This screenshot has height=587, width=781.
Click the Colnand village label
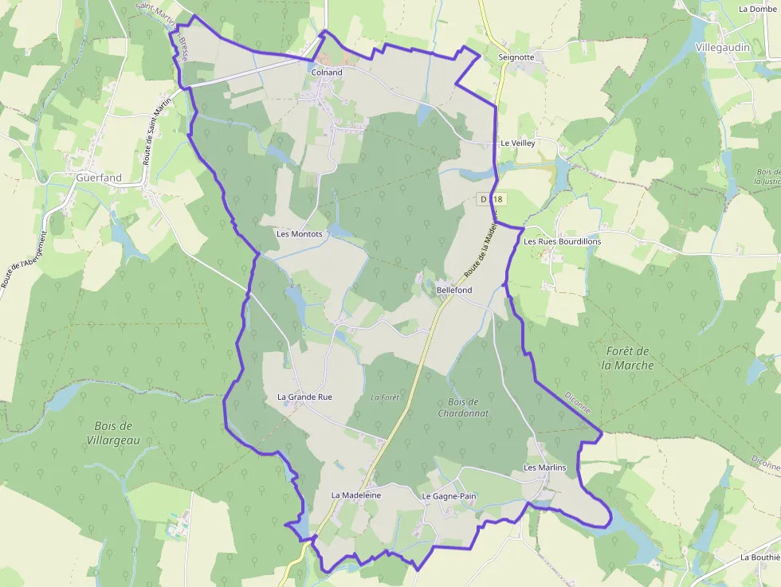pos(327,72)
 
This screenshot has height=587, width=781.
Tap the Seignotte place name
pos(516,57)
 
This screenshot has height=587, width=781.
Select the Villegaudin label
pos(724,47)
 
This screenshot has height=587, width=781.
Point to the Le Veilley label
pos(518,143)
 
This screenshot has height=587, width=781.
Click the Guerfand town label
pos(99,178)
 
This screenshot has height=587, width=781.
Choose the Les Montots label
pos(300,234)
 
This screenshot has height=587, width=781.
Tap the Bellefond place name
pos(454,290)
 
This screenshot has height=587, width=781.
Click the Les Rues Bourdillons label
pos(563,241)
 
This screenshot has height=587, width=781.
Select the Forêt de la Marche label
pos(628,358)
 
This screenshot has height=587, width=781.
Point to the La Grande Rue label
pos(304,397)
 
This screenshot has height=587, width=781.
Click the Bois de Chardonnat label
pos(463,408)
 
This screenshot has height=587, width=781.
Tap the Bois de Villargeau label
pos(113,432)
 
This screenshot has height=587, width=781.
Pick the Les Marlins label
pos(545,468)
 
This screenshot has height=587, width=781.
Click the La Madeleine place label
pos(356,495)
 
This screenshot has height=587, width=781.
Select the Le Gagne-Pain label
pos(449,496)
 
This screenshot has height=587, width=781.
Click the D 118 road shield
pos(493,198)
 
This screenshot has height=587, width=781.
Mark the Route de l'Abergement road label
pos(25,260)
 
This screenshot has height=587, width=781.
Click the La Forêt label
pos(385,397)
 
